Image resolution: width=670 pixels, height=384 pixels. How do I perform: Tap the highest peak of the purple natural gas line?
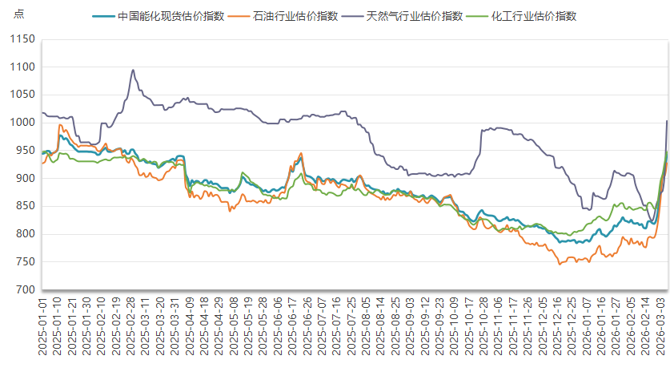coord(133,70)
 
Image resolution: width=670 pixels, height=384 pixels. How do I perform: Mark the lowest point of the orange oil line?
coord(560,264)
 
